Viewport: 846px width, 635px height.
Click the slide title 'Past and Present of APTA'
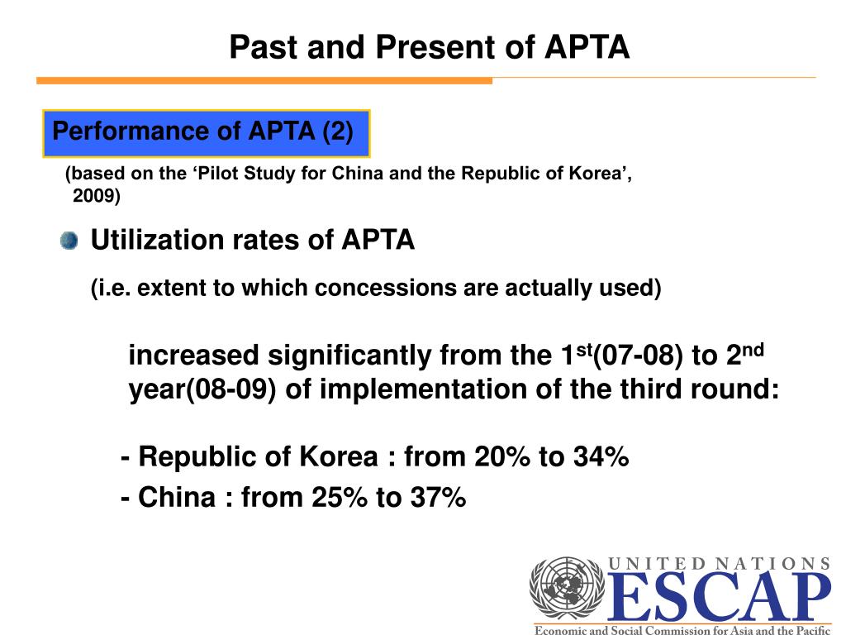pyautogui.click(x=429, y=47)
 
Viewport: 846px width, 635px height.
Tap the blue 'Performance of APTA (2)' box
pyautogui.click(x=206, y=132)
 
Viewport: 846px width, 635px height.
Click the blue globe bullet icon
pyautogui.click(x=69, y=241)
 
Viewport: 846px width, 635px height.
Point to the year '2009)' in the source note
pyautogui.click(x=96, y=196)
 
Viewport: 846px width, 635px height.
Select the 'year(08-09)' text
pyautogui.click(x=202, y=389)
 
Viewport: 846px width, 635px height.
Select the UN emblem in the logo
pyautogui.click(x=567, y=588)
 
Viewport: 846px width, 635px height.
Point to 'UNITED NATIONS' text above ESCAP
pyautogui.click(x=719, y=564)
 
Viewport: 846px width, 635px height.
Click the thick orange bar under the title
pyautogui.click(x=264, y=80)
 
